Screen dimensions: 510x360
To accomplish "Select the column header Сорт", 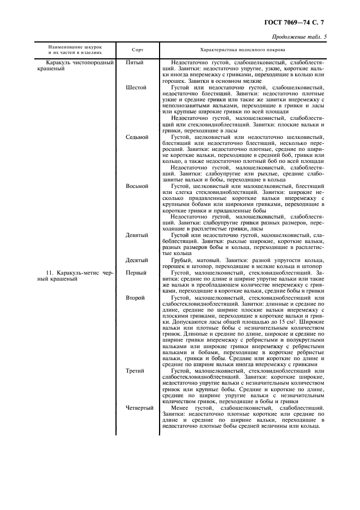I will pos(138,50).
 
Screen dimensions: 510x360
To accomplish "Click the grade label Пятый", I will pos(135,63).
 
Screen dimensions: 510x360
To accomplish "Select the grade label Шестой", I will pos(136,87).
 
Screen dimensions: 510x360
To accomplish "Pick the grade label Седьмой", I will pos(137,137).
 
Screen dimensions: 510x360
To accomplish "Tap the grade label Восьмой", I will pos(137,186).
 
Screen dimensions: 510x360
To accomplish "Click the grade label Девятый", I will pos(137,235).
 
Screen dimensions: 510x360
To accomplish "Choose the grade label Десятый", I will pos(137,260).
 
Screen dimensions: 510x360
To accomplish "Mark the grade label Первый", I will pos(135,272).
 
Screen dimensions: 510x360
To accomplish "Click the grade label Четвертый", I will pos(139,408).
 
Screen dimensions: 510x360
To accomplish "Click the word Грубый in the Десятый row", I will pos(181,260).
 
